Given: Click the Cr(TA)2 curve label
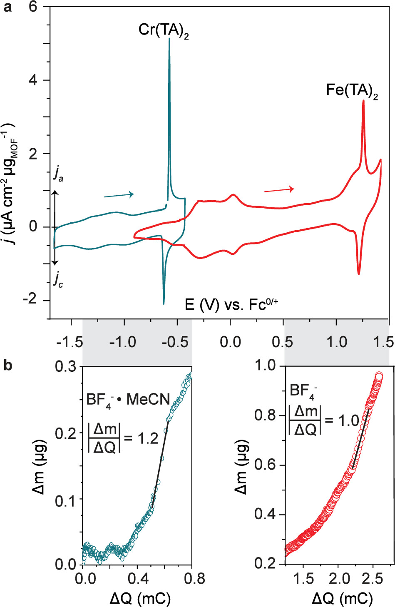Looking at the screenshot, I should tap(164, 30).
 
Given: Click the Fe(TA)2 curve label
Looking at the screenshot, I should tap(352, 90).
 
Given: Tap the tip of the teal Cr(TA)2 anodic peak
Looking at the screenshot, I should tap(169, 39).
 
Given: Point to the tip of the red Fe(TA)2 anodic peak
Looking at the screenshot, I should tap(363, 101).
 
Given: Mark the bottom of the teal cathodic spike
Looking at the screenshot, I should tap(164, 303).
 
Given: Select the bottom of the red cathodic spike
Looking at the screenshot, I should tap(359, 274).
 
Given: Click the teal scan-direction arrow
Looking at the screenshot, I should tap(119, 195).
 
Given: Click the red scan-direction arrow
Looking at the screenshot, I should tap(279, 190).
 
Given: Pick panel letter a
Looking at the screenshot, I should tap(7, 7).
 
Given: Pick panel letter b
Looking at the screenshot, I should tap(7, 365).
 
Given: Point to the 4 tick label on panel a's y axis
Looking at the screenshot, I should tap(33, 80).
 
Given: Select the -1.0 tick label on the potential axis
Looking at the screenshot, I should tap(123, 342).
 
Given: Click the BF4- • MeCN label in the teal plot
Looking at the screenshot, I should tap(128, 400).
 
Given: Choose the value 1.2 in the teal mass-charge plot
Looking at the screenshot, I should tap(147, 438).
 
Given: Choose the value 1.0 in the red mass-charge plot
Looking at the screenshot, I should tap(348, 420).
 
